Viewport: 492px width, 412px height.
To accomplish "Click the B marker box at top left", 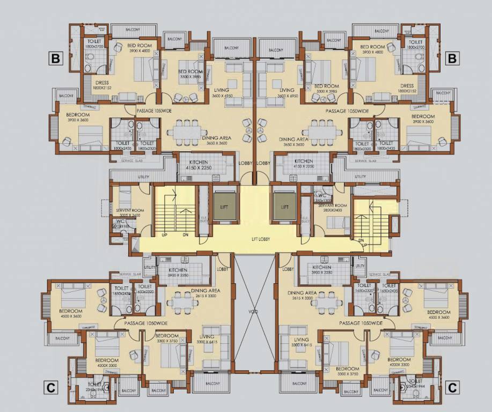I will [55, 57].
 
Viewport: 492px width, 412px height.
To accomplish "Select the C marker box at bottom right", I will [452, 387].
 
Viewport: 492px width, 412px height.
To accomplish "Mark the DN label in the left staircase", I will [186, 234].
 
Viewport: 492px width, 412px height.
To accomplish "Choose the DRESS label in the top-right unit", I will [407, 88].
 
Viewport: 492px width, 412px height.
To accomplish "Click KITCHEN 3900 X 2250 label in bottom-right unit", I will [322, 270].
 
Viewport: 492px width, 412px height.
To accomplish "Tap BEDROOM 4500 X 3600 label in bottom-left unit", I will [71, 314].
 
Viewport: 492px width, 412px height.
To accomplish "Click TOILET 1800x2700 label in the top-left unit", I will [94, 45].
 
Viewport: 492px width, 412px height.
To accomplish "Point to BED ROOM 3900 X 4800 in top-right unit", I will [374, 49].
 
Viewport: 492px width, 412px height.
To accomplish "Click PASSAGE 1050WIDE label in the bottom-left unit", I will [146, 323].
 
